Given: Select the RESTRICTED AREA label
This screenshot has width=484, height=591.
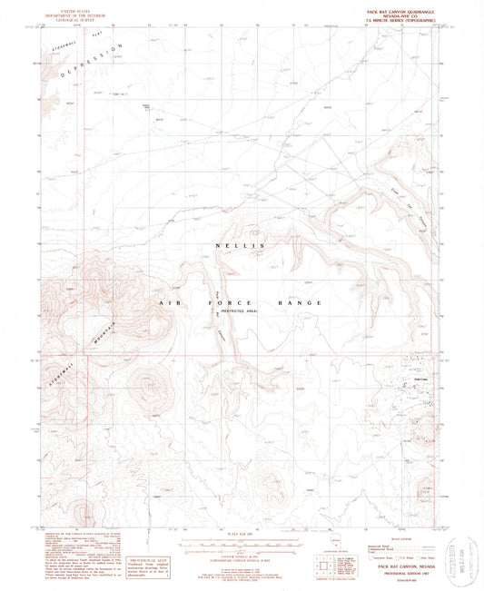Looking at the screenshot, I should pyautogui.click(x=238, y=310).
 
